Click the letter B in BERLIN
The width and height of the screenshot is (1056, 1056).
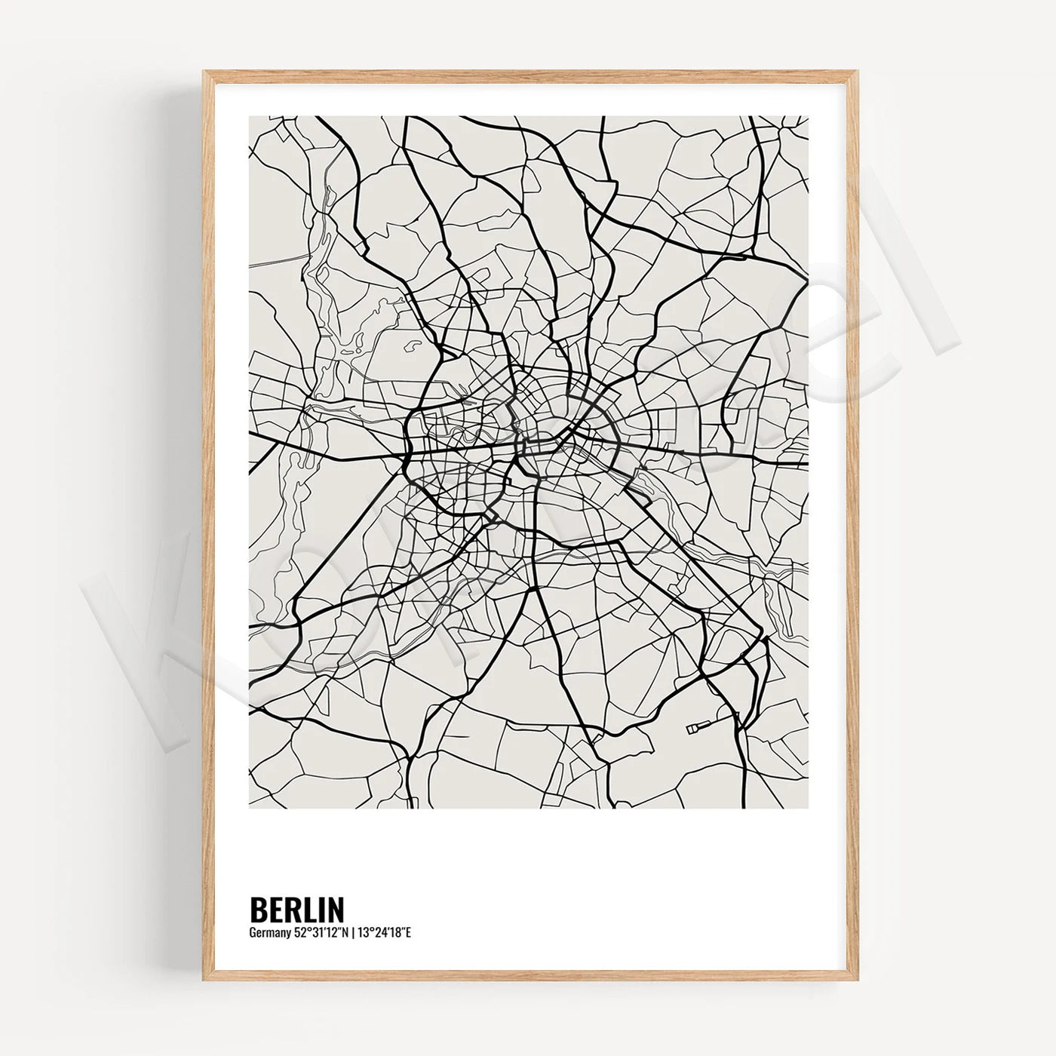[257, 909]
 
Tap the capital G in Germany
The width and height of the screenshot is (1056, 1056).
[252, 933]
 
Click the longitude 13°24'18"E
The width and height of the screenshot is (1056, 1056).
[386, 933]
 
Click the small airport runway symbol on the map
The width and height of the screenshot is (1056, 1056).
[698, 727]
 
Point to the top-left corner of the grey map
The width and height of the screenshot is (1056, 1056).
[249, 116]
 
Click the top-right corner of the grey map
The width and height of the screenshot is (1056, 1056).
[809, 116]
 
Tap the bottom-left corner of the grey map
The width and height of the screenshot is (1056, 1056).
[249, 809]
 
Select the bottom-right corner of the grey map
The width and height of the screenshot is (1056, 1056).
[809, 809]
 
